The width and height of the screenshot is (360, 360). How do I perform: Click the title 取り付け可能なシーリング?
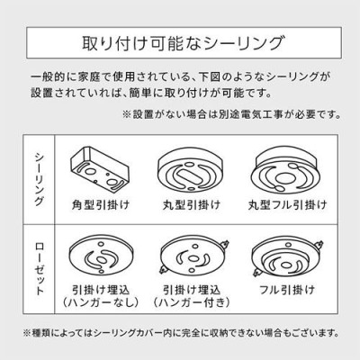pos(183,43)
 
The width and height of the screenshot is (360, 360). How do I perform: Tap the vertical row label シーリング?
pos(40,179)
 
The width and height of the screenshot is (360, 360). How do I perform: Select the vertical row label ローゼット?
pos(40,269)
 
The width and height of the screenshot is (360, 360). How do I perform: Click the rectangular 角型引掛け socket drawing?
pos(99,169)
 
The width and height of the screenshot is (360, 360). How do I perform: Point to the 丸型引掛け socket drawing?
pos(190,169)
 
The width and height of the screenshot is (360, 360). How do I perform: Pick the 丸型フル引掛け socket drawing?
pos(284,170)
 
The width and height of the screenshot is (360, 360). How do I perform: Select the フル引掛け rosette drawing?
pos(287,257)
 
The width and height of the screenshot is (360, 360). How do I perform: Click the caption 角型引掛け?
pos(101,205)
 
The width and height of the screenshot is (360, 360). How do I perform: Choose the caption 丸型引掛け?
pos(192,205)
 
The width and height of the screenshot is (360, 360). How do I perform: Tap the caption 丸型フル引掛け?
pos(287,205)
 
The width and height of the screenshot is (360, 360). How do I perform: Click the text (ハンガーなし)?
pos(101,302)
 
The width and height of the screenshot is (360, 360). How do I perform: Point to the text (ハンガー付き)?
pos(192,302)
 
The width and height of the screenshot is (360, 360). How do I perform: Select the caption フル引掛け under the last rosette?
pos(287,290)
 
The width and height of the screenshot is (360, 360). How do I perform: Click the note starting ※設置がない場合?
pos(231,114)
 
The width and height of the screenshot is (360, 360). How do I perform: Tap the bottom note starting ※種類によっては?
pos(181,333)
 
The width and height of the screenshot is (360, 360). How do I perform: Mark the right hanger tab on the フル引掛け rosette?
pos(319,245)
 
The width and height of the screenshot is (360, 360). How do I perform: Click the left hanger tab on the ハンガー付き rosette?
pos(164,270)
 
